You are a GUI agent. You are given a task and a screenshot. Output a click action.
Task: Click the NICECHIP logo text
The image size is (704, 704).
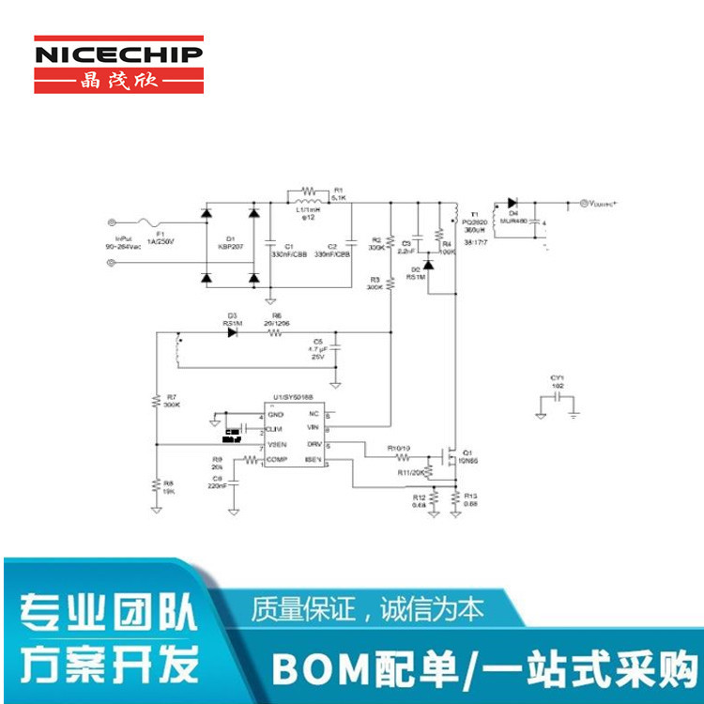pos(118,54)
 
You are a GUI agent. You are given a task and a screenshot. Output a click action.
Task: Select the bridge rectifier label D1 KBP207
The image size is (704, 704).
pos(230,246)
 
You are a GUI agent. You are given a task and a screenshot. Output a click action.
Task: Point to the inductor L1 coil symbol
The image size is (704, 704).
pos(307,198)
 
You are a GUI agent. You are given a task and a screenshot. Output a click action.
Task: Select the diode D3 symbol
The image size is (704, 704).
pos(231,332)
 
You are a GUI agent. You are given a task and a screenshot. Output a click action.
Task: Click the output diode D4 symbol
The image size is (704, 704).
pos(513,203)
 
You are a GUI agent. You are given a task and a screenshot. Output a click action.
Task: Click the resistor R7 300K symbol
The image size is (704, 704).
pos(157,403)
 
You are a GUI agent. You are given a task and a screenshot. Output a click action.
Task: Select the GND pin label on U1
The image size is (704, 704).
pos(275,414)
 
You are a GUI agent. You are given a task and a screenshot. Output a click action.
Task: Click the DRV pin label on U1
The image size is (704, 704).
pos(313,443)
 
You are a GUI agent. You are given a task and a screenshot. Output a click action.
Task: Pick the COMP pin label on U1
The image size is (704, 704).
pos(277,459)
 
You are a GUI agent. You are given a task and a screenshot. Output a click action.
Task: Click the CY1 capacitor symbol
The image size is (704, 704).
pos(558,398)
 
